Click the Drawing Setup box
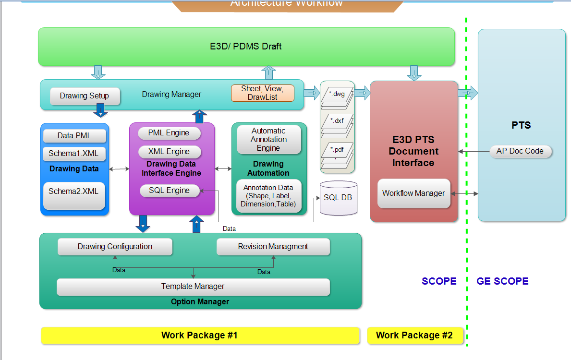click(85, 96)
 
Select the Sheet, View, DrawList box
click(263, 93)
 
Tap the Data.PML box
click(74, 136)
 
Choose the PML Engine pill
click(169, 133)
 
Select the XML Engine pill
click(169, 152)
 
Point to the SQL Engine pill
click(169, 191)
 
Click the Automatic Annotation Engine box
click(268, 139)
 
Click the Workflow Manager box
click(413, 193)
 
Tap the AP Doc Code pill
click(520, 151)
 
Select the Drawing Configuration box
click(115, 247)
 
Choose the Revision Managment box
click(273, 247)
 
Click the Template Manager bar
click(193, 287)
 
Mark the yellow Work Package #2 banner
click(414, 336)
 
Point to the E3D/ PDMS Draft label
click(246, 47)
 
